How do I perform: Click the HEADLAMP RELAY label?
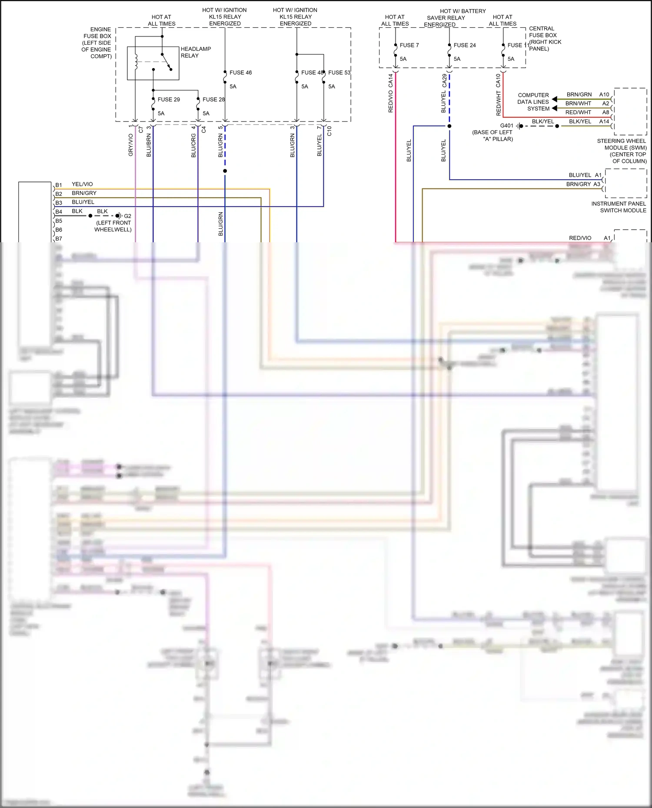(x=196, y=52)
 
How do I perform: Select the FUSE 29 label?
(x=169, y=99)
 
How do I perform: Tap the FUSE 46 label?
(x=240, y=73)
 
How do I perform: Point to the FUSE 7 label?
(x=409, y=45)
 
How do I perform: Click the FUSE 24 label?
(x=464, y=45)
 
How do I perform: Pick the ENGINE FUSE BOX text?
(x=98, y=43)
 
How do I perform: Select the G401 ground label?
(x=506, y=125)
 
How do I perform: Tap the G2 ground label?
(x=127, y=216)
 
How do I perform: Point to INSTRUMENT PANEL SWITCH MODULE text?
(x=619, y=207)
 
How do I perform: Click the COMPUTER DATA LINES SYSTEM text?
(x=533, y=102)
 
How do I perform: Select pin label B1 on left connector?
(x=59, y=185)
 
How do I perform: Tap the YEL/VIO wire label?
(x=82, y=184)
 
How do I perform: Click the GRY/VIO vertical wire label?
(x=131, y=145)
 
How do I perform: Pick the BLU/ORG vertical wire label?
(x=193, y=145)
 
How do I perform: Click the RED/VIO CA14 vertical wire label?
(x=390, y=93)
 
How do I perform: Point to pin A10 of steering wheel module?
(x=604, y=94)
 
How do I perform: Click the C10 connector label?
(x=329, y=131)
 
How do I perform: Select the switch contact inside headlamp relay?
(x=166, y=62)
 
